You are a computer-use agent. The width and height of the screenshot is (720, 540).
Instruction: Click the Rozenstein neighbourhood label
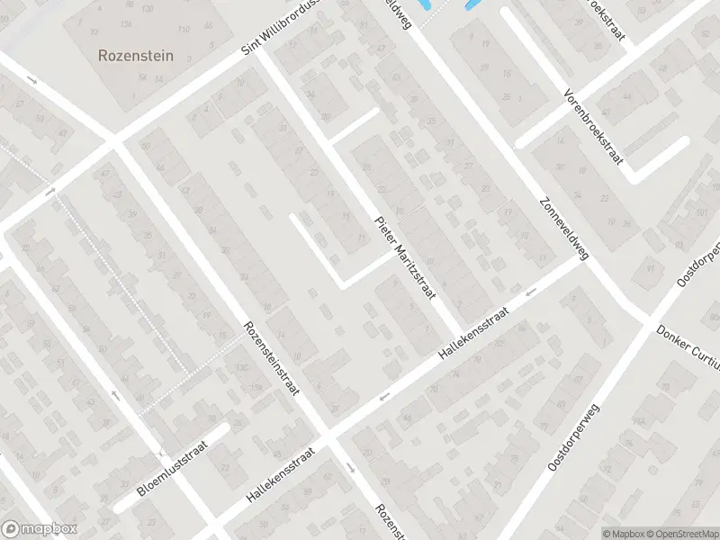[x=135, y=55]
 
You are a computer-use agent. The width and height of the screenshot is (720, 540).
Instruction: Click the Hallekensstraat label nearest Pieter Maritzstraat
[x=473, y=334]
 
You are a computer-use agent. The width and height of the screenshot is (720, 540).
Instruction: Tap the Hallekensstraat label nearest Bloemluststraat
[x=282, y=476]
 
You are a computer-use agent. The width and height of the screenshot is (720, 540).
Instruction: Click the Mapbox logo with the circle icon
[x=40, y=529]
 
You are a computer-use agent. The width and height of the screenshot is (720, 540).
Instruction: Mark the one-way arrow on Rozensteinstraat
[x=350, y=467]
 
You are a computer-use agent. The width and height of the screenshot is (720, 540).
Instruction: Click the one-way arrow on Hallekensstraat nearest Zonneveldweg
[x=531, y=291]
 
